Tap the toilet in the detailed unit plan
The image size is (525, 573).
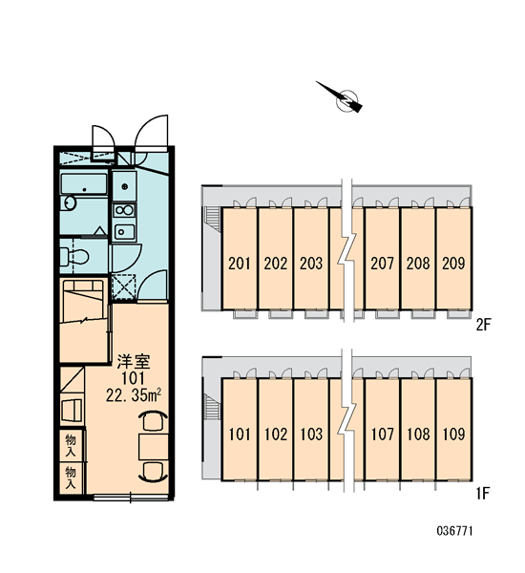click(x=74, y=256)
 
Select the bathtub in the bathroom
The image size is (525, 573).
click(x=84, y=183)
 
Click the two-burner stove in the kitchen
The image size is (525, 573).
click(x=124, y=210)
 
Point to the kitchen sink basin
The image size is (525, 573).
click(x=124, y=231)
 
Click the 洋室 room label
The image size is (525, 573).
click(x=134, y=362)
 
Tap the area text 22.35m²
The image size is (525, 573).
click(x=134, y=394)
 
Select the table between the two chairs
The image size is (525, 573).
click(x=153, y=447)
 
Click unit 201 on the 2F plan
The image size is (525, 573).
click(x=240, y=264)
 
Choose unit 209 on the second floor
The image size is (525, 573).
click(x=453, y=264)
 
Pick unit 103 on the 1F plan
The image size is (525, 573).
click(x=311, y=435)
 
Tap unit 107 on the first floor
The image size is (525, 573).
click(x=382, y=435)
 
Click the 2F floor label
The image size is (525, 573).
click(x=484, y=324)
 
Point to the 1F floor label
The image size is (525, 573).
click(x=482, y=494)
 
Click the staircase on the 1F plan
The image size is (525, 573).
click(x=213, y=408)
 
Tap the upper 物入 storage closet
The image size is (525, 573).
click(x=71, y=445)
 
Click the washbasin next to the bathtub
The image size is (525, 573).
click(x=68, y=203)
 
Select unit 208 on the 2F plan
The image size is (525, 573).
click(x=417, y=264)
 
